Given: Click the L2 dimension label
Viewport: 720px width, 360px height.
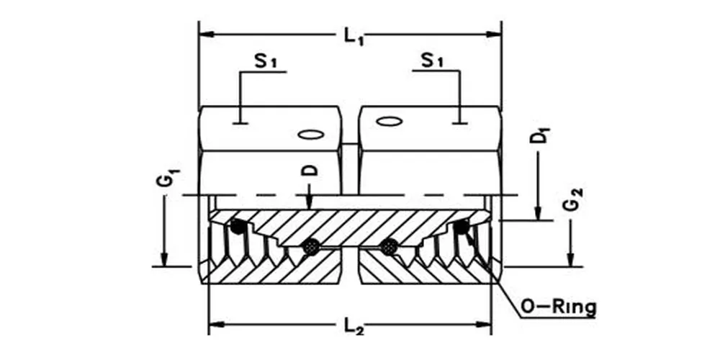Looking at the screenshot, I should coord(352,328).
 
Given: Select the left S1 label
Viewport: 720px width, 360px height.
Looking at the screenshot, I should coord(266,62).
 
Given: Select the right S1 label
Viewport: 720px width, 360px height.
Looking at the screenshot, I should coord(433,62).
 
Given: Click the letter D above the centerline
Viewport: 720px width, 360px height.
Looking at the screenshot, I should coord(308,170).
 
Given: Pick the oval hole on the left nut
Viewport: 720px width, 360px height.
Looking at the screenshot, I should coord(312,134).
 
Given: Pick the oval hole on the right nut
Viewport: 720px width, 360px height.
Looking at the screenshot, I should coord(389,122).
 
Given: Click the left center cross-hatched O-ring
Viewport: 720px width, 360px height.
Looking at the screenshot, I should coord(311,247).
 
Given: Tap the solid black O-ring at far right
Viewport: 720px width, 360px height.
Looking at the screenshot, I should coord(462,228).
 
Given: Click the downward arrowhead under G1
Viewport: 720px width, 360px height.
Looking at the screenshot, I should coord(164,260).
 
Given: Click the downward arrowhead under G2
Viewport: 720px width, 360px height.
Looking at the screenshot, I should coord(570,260).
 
